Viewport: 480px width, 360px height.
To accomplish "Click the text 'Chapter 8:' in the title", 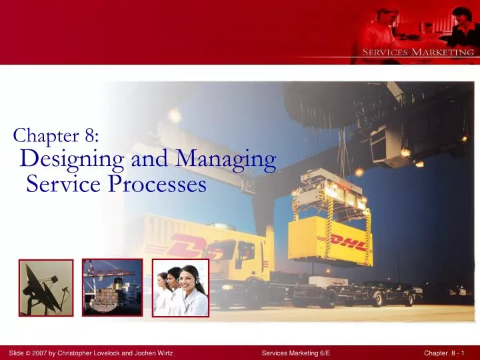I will pos(57,136).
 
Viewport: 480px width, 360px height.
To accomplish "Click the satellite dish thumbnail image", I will pos(46,287).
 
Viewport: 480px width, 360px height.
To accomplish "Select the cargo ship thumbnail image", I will pos(112,287).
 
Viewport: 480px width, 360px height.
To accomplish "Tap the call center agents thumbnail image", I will pos(181,287).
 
